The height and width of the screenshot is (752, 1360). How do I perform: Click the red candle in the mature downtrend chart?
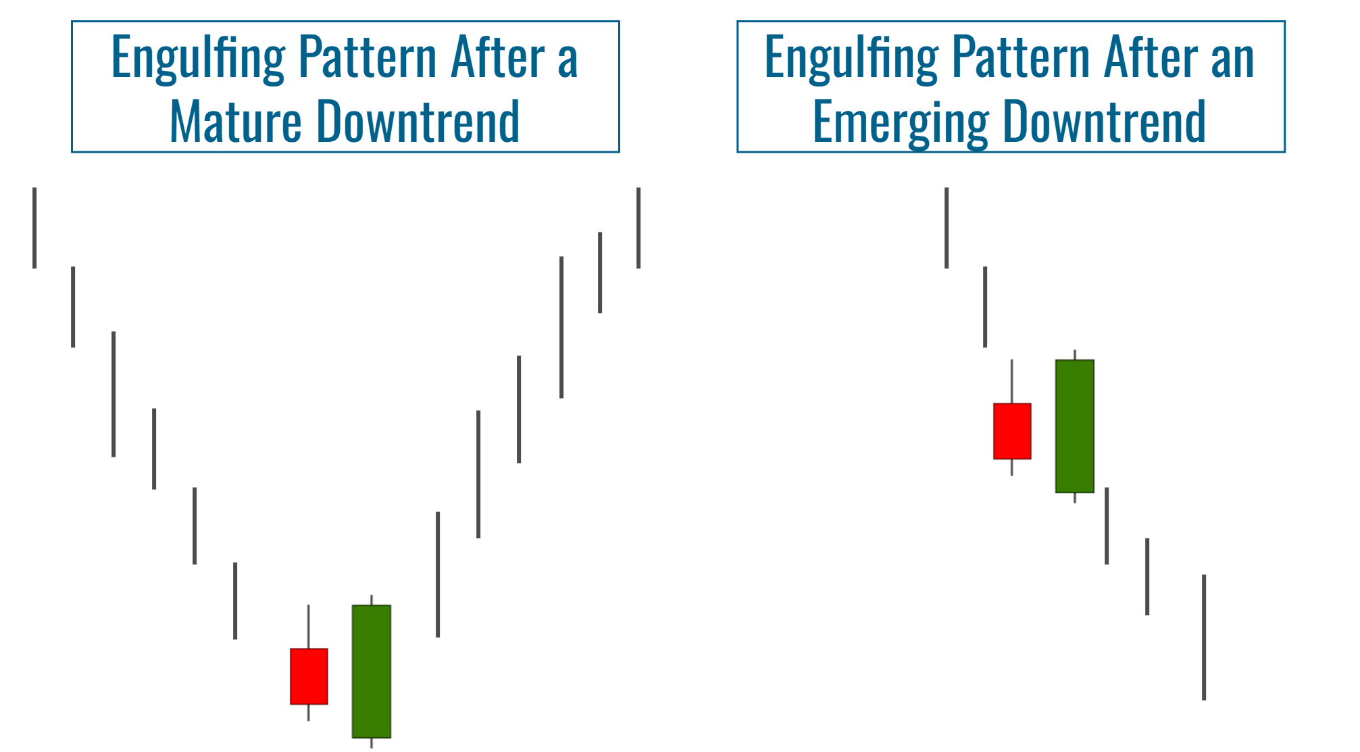[309, 676]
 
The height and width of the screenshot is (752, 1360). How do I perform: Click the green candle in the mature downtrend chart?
[372, 671]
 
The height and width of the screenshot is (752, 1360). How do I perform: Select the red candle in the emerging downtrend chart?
[1012, 431]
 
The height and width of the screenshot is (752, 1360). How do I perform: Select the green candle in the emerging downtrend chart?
[1075, 426]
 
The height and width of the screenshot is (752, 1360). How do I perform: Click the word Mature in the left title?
[235, 122]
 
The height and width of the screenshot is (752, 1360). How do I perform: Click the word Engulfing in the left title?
[198, 58]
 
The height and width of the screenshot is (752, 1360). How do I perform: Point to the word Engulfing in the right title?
[851, 58]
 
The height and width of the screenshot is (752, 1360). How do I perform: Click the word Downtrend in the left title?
[418, 122]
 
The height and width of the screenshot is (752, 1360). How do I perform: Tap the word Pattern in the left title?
[368, 58]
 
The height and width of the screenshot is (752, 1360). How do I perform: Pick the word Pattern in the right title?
[1021, 58]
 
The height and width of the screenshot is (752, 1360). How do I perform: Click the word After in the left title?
[497, 58]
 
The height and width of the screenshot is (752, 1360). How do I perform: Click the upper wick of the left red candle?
[309, 626]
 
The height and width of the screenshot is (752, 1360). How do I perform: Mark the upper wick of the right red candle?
[1012, 381]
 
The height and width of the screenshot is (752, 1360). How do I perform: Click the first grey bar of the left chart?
[34, 228]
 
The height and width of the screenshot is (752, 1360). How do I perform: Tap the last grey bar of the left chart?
[638, 228]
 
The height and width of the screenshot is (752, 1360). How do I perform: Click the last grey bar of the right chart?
[1204, 637]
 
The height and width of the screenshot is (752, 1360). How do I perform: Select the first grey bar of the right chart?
[947, 228]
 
